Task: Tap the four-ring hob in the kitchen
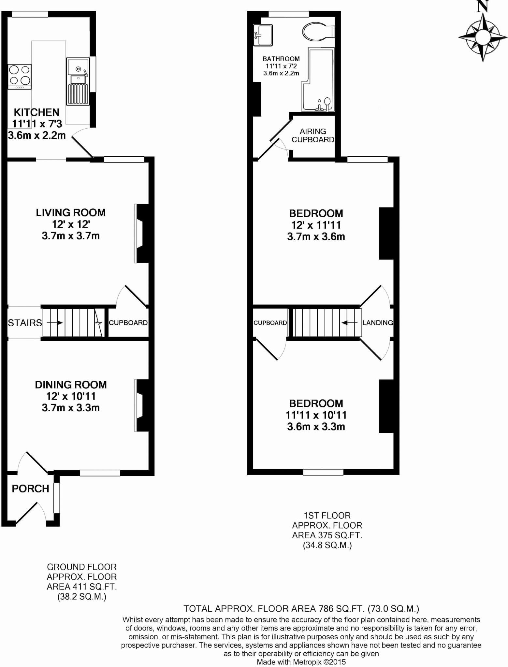20,76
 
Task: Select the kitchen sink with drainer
78,81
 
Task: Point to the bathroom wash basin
263,35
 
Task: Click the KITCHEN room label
36,113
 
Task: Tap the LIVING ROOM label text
71,213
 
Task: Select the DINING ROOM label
71,385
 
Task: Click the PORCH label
30,489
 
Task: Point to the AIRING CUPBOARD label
313,135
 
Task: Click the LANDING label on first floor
377,323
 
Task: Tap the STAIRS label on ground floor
25,323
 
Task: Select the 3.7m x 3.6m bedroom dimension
316,237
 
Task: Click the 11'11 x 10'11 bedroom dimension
316,415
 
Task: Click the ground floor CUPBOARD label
128,323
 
